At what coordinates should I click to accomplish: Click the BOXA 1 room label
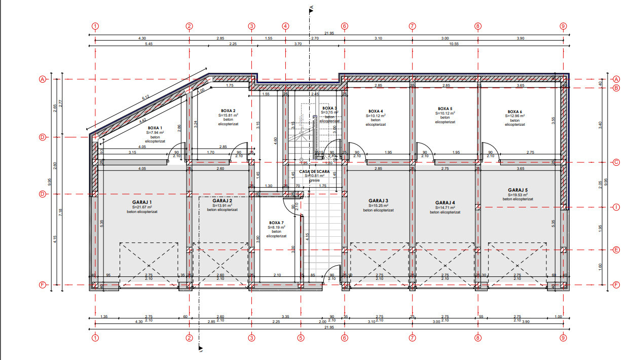[x=155, y=128]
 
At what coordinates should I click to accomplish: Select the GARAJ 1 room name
[x=142, y=202]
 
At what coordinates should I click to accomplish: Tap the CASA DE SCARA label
[x=314, y=172]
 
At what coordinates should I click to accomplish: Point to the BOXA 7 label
[x=276, y=223]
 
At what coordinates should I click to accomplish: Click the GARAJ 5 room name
[x=518, y=190]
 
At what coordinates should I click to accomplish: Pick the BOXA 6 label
[x=514, y=112]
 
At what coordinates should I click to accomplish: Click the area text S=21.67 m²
[x=142, y=207]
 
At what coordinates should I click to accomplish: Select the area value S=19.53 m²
[x=518, y=195]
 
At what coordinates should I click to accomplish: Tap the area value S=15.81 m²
[x=228, y=115]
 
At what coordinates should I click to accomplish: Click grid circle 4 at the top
[x=285, y=26]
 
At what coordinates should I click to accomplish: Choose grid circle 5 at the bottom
[x=301, y=337]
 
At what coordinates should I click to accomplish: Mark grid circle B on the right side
[x=617, y=88]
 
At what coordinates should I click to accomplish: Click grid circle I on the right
[x=617, y=207]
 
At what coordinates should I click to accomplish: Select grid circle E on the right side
[x=617, y=249]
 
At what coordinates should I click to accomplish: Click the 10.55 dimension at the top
[x=454, y=44]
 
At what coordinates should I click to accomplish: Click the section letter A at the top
[x=312, y=7]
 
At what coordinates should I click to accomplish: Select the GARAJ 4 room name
[x=445, y=203]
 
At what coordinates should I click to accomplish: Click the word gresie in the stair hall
[x=314, y=180]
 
